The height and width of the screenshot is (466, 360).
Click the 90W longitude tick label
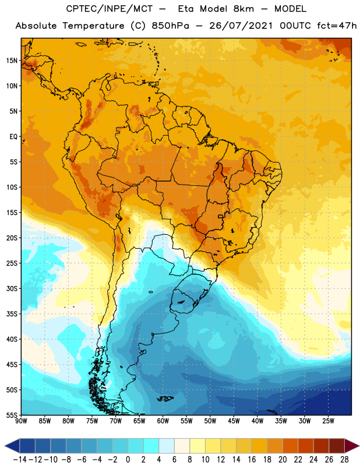tap(22, 421)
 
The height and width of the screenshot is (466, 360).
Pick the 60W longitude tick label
tap(163, 421)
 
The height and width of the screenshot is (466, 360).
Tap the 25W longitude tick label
tap(327, 421)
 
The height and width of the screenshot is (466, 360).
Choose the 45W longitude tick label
tap(233, 421)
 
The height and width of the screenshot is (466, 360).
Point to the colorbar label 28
tap(344, 460)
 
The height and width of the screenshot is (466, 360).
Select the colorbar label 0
tap(128, 460)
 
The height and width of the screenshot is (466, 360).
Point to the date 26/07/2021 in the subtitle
tap(233, 26)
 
